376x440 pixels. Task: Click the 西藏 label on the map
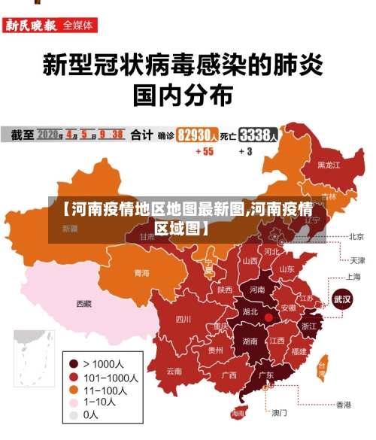click(x=83, y=304)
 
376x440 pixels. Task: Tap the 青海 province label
click(x=141, y=272)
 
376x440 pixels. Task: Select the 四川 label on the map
click(x=183, y=319)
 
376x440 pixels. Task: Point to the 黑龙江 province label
click(x=329, y=164)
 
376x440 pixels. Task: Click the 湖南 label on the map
click(x=251, y=340)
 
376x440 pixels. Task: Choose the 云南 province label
click(x=174, y=371)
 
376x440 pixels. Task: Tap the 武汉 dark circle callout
click(x=342, y=298)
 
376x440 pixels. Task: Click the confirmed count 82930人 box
click(x=198, y=135)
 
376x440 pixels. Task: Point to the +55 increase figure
click(x=204, y=151)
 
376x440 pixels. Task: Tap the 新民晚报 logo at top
click(x=32, y=25)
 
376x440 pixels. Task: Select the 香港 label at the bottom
click(x=343, y=405)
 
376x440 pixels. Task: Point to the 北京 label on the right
click(x=356, y=236)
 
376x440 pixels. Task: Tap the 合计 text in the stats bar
click(x=141, y=135)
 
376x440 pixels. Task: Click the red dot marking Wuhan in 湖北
click(x=268, y=317)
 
